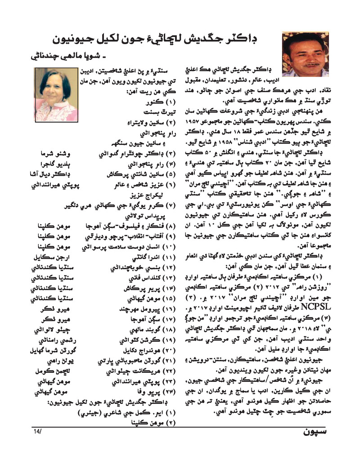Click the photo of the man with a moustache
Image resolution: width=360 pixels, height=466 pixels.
click(x=306, y=54)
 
